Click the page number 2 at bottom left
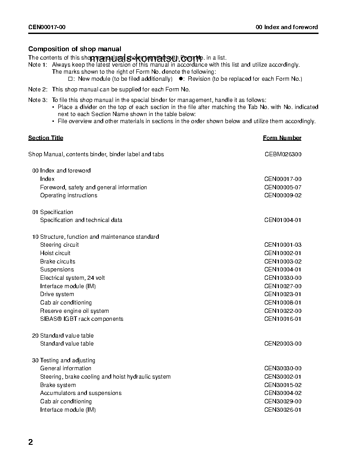[x=31, y=442]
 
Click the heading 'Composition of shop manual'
[x=75, y=49]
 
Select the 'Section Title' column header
[x=45, y=138]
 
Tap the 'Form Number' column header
[x=282, y=138]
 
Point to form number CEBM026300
[x=283, y=154]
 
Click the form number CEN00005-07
[x=283, y=187]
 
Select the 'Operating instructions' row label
[x=68, y=195]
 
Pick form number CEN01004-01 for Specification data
[x=283, y=220]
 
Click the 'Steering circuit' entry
[x=59, y=244]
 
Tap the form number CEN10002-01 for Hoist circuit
[x=283, y=253]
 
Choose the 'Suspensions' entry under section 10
[x=57, y=269]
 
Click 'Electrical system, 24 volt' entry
[x=72, y=278]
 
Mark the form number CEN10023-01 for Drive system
[x=283, y=294]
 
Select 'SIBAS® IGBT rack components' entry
[x=82, y=319]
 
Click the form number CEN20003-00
[x=283, y=343]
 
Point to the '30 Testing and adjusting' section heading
[x=64, y=360]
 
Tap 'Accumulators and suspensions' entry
[x=81, y=393]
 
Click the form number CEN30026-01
[x=283, y=410]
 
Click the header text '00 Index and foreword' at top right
[x=287, y=27]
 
